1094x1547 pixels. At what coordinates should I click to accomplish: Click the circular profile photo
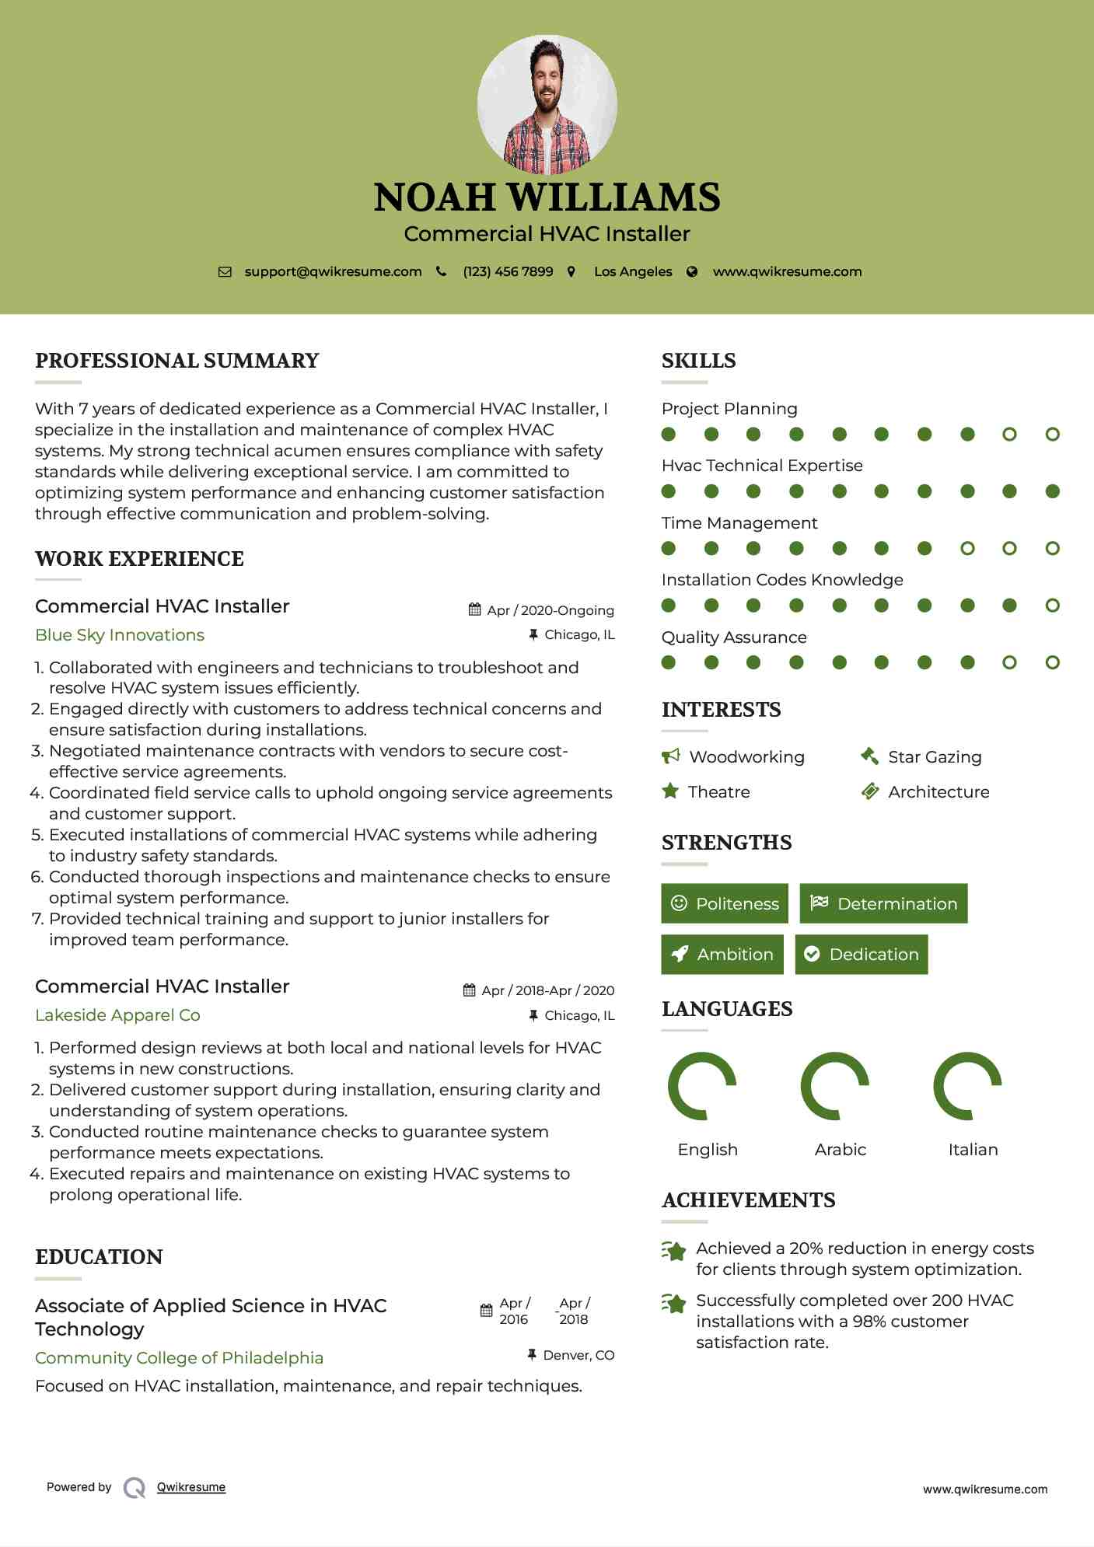(547, 104)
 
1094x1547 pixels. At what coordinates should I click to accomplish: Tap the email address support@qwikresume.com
(333, 272)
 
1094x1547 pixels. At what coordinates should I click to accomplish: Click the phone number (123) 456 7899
(508, 272)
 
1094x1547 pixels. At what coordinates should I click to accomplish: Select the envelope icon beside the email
(225, 272)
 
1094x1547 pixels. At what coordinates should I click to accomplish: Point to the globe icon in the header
(692, 272)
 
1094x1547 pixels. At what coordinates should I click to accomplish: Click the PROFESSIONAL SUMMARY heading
(177, 361)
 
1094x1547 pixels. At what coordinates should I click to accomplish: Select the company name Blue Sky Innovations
(120, 635)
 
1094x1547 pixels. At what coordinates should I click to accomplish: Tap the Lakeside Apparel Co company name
(117, 1015)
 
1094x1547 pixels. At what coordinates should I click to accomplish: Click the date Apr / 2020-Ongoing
(550, 610)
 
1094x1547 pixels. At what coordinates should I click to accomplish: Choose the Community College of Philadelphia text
(179, 1358)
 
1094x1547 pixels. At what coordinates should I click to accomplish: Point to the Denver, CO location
(578, 1355)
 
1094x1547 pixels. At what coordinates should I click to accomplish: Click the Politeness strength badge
(725, 903)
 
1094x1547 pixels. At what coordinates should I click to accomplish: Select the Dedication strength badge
(862, 955)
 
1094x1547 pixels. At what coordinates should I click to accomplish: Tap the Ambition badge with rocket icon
(722, 955)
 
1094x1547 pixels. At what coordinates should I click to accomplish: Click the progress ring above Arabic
(834, 1086)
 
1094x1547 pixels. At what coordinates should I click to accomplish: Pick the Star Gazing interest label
(935, 757)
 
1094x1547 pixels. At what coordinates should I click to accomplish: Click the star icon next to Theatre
(669, 791)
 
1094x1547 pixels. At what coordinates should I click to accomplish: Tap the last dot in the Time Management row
(1052, 548)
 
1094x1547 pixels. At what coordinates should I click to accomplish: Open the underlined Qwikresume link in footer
(191, 1487)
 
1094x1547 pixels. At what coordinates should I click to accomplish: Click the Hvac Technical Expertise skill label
(762, 466)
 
